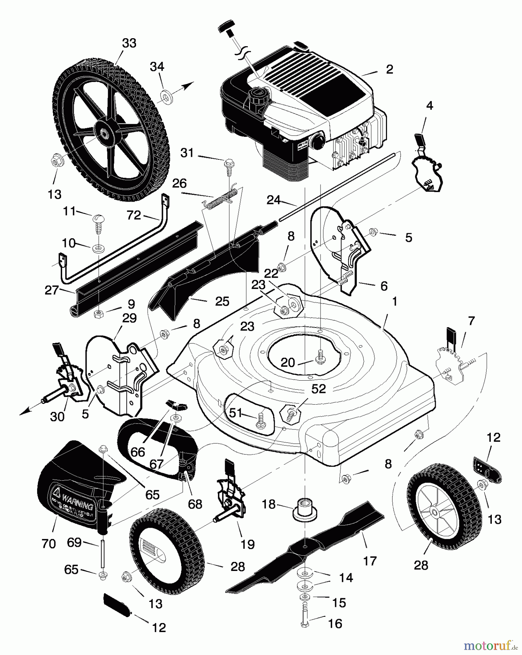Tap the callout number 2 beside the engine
(390, 69)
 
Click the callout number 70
(49, 544)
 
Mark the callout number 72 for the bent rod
(134, 215)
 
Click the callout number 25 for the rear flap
(222, 301)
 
